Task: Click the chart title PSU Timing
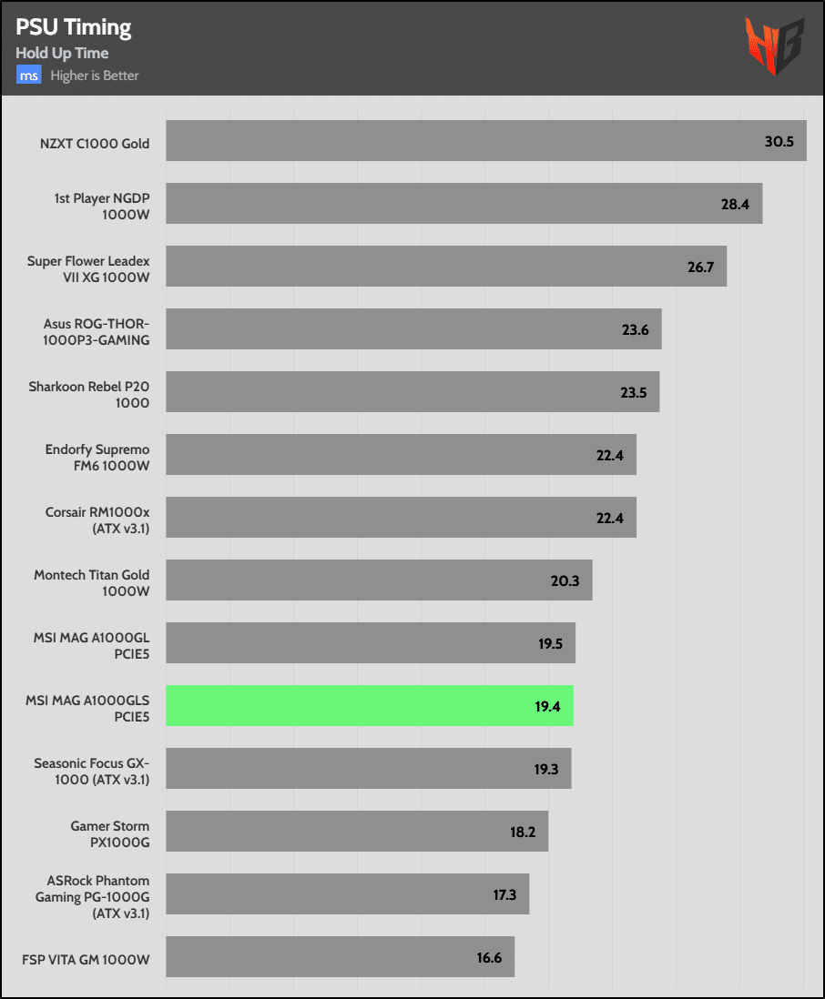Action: coord(74,27)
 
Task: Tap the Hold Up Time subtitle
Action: coord(62,54)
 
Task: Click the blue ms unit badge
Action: coord(28,76)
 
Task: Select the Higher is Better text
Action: coord(95,76)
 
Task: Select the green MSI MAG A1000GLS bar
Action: coord(369,705)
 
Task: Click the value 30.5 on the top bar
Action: coord(779,141)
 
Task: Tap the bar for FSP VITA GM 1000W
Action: coord(340,956)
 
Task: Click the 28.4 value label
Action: coord(735,204)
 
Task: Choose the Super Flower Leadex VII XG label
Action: coord(88,269)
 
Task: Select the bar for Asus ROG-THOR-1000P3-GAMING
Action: coord(413,329)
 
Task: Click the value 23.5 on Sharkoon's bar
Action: coord(634,392)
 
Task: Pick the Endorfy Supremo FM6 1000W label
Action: coord(97,458)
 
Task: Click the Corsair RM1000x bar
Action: coord(401,517)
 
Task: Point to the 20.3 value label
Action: coord(565,580)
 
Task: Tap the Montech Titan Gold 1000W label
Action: coord(92,583)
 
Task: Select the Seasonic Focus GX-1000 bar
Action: coord(368,768)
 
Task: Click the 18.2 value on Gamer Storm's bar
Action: coord(522,832)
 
